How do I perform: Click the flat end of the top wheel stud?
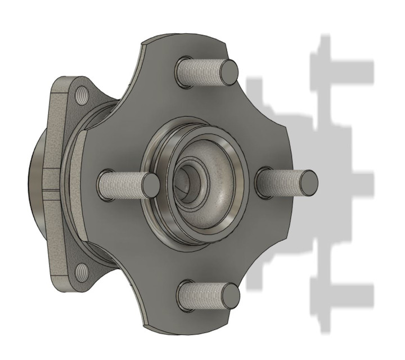pos(229,71)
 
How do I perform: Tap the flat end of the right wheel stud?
pos(308,181)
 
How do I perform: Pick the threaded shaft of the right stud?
pos(281,181)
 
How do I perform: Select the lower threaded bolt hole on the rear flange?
pos(82,271)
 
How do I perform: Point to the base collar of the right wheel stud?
pos(263,180)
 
